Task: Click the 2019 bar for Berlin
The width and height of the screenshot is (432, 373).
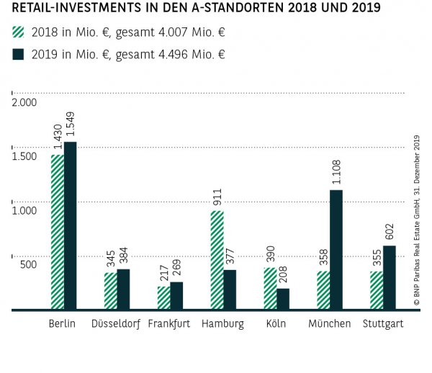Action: click(70, 225)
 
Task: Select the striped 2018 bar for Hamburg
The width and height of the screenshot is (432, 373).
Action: click(217, 260)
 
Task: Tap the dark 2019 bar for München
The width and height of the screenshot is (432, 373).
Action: click(336, 250)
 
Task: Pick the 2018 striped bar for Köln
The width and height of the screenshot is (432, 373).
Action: click(270, 289)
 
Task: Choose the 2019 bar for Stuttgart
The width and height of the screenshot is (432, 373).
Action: click(390, 277)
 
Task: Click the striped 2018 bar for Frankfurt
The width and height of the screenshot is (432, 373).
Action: click(163, 298)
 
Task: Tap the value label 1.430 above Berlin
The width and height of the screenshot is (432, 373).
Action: click(57, 137)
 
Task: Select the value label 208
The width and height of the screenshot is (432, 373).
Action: click(283, 274)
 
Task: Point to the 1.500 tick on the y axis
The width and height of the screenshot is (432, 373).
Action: click(23, 156)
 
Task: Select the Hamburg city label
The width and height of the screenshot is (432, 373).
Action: click(222, 324)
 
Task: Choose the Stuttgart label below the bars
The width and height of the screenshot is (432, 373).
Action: click(383, 324)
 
